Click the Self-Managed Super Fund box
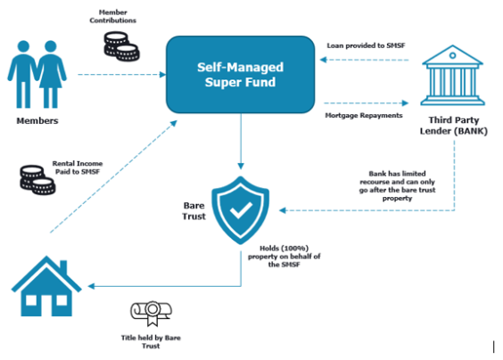point(240,74)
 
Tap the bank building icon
point(452,75)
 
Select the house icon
point(46,286)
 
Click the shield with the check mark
point(240,210)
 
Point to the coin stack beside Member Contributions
point(121,46)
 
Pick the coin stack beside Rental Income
point(37,180)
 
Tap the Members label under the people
point(37,121)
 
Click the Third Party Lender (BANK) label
point(454,126)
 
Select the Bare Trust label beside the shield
point(194,211)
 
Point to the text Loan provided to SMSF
point(366,45)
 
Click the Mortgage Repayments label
point(364,116)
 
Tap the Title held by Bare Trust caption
point(151,341)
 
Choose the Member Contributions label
point(113,16)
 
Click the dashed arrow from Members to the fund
point(122,74)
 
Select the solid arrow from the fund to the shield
point(241,141)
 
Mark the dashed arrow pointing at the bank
point(367,103)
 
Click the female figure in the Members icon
point(52,74)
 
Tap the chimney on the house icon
point(63,267)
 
